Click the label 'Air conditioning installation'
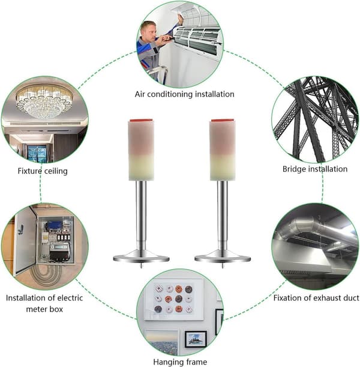click(x=184, y=94)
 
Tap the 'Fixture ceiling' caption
click(x=43, y=171)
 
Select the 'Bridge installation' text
click(x=315, y=169)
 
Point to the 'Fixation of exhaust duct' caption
click(x=316, y=298)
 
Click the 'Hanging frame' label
click(x=180, y=362)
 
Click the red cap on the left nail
click(x=142, y=120)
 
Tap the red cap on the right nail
click(x=223, y=120)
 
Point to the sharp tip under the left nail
click(x=142, y=267)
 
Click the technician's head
click(x=149, y=31)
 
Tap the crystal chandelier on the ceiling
click(x=43, y=102)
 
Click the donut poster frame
click(x=173, y=299)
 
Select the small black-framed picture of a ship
click(x=196, y=339)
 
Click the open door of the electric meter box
click(x=25, y=241)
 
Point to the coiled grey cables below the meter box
click(x=47, y=276)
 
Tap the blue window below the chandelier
click(x=37, y=153)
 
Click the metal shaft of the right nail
click(x=223, y=215)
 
